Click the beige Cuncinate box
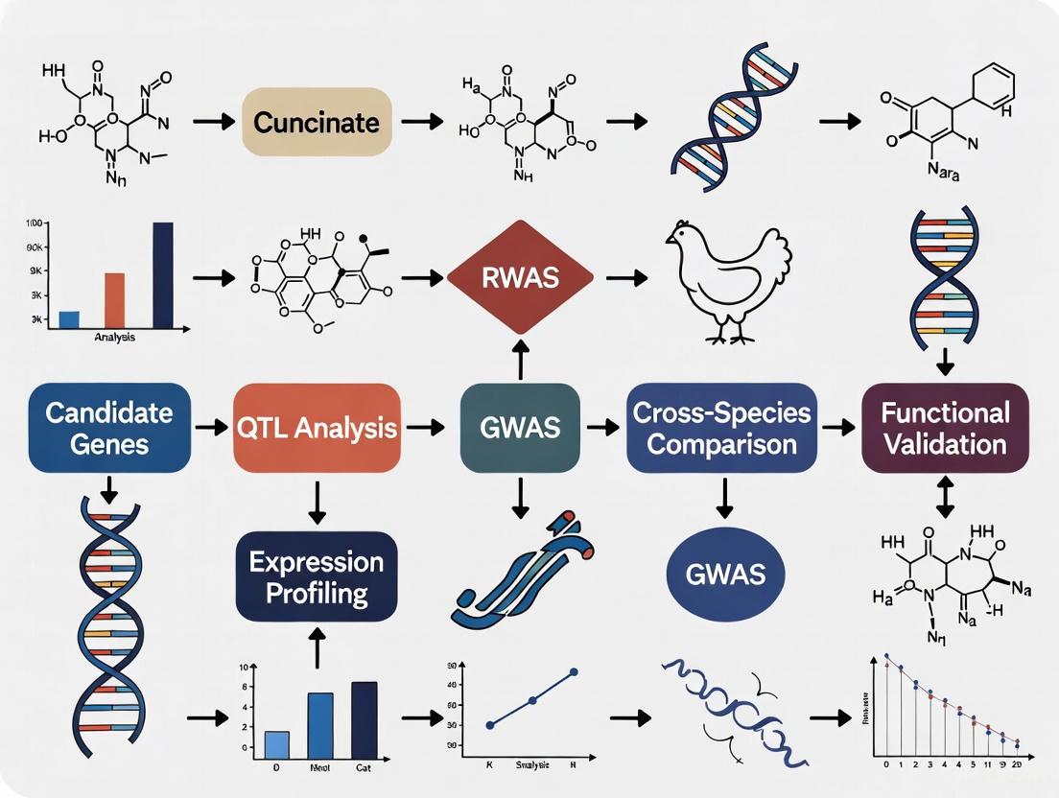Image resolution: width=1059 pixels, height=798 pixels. [x=317, y=122]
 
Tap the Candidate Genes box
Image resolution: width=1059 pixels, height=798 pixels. [x=108, y=427]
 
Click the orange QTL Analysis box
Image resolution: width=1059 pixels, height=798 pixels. [x=317, y=427]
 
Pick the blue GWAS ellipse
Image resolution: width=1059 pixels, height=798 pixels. [x=725, y=575]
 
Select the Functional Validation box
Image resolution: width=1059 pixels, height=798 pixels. [x=946, y=427]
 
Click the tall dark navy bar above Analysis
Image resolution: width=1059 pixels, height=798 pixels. [x=163, y=274]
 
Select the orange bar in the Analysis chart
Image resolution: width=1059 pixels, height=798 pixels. [x=114, y=299]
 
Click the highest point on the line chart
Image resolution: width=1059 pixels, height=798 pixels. [x=574, y=672]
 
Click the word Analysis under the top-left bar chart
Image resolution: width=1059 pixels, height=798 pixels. [x=115, y=338]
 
